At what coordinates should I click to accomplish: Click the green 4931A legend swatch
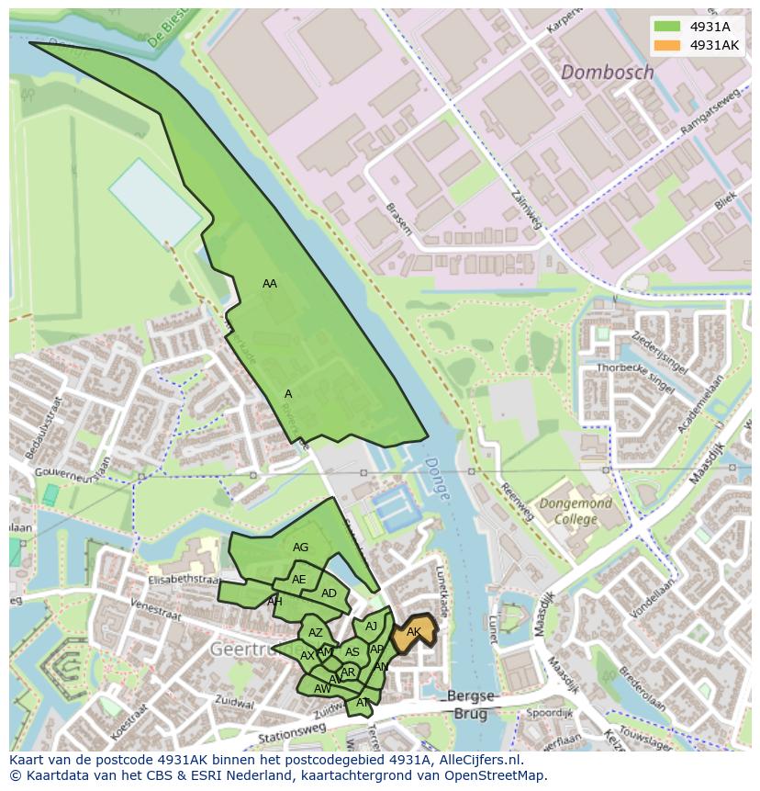666,27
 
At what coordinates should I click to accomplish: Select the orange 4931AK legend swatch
666,45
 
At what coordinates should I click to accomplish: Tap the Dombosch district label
607,72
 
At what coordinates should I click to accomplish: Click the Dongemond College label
576,512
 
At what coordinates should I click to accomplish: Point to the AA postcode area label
269,284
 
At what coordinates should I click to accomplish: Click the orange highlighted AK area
414,632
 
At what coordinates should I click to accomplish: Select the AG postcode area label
300,548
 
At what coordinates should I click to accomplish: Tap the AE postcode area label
298,580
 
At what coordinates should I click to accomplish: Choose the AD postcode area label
329,593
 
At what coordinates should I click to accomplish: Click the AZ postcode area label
315,633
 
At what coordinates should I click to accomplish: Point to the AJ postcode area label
371,627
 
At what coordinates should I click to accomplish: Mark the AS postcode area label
352,652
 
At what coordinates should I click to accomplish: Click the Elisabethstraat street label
183,581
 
